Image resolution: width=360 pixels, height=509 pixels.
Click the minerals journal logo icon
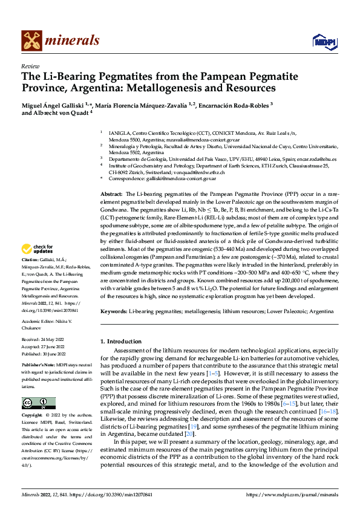[x=32, y=41]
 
